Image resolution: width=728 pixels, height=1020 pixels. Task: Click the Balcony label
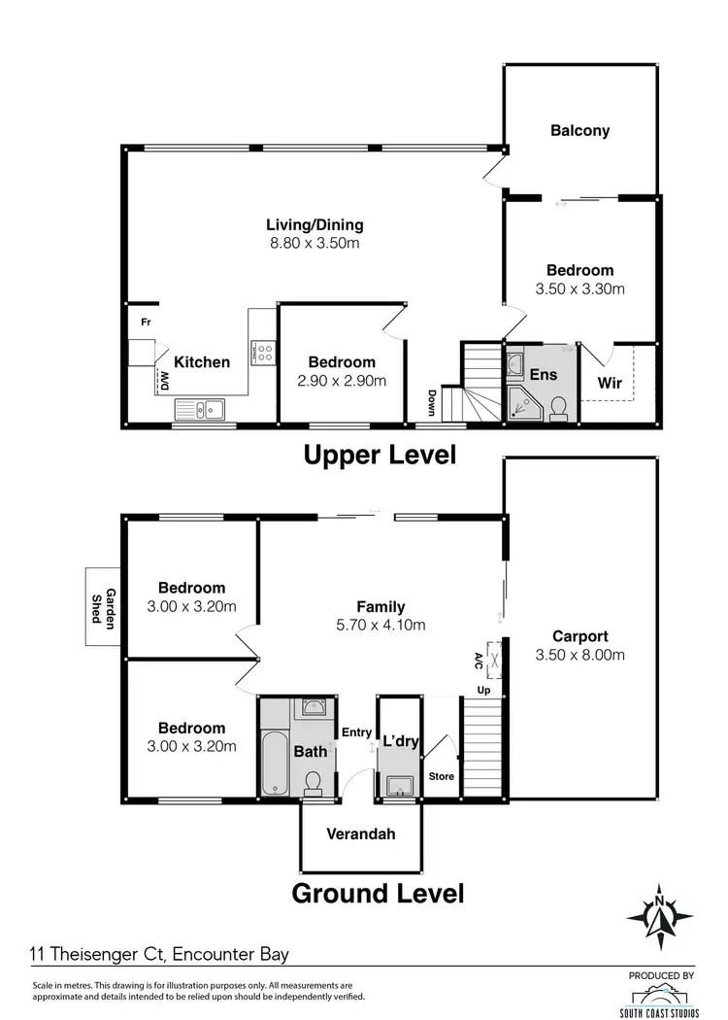pos(579,130)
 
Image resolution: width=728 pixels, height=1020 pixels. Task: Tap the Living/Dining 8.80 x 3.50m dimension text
pos(314,244)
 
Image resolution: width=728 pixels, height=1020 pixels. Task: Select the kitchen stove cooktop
pos(264,351)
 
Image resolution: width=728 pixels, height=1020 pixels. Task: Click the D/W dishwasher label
pos(163,380)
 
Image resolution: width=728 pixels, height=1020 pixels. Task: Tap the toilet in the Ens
pos(559,408)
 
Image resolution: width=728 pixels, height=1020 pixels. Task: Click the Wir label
pos(609,383)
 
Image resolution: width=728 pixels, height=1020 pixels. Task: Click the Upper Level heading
pos(380,455)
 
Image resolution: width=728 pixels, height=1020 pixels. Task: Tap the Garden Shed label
pos(104,609)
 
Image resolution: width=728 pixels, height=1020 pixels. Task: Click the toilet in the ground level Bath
pos(314,782)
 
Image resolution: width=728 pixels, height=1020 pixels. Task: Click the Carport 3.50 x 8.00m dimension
pos(579,655)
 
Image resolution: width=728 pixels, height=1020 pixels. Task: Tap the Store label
pos(441,777)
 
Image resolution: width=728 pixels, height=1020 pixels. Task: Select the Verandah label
pos(360,833)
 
